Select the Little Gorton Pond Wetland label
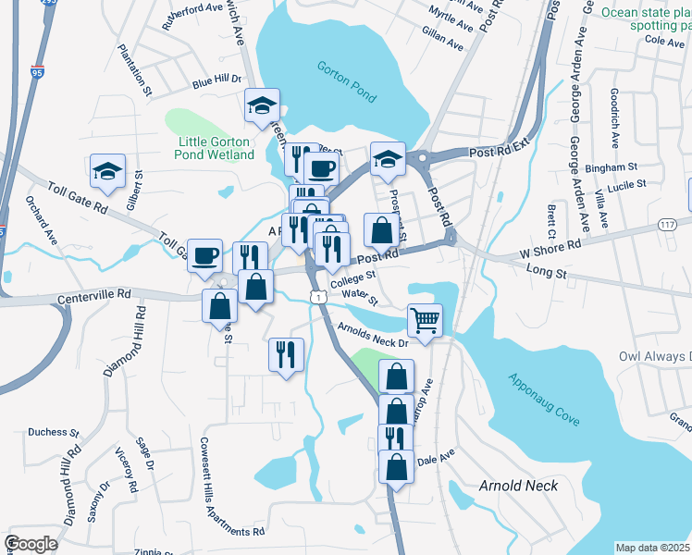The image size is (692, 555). click(x=216, y=148)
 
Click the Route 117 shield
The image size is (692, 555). click(x=669, y=225)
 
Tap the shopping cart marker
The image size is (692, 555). click(x=425, y=321)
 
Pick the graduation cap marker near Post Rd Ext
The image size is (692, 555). click(x=389, y=157)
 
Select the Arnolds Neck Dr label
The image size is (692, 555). click(x=373, y=334)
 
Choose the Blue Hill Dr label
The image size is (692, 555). click(x=216, y=81)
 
